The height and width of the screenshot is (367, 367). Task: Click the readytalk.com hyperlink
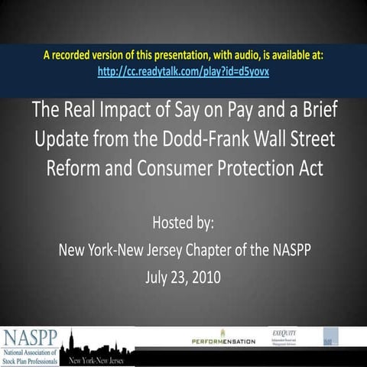coord(183,70)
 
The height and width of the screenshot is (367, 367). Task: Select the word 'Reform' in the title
coord(74,169)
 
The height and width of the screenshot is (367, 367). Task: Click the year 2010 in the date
coord(205,276)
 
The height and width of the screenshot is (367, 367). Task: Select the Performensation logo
coord(223,339)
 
